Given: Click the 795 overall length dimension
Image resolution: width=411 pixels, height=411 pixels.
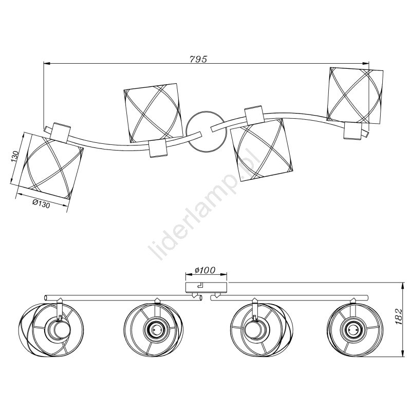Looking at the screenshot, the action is coord(198,59).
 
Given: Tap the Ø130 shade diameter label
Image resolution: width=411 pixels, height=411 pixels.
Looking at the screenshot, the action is coord(41,203).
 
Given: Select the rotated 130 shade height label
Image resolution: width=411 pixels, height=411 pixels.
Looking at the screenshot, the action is coord(14,157).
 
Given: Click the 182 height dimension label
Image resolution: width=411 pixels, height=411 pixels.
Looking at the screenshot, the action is coord(398,316).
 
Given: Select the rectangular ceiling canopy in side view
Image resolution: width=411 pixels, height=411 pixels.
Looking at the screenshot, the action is coord(206,288).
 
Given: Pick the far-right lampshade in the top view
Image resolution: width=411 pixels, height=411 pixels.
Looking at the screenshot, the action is coord(355,96).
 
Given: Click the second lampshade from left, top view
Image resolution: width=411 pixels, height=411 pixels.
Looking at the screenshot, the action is coord(153,113).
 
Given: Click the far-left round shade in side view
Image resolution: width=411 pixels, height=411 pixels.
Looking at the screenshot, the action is coord(51,329).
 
